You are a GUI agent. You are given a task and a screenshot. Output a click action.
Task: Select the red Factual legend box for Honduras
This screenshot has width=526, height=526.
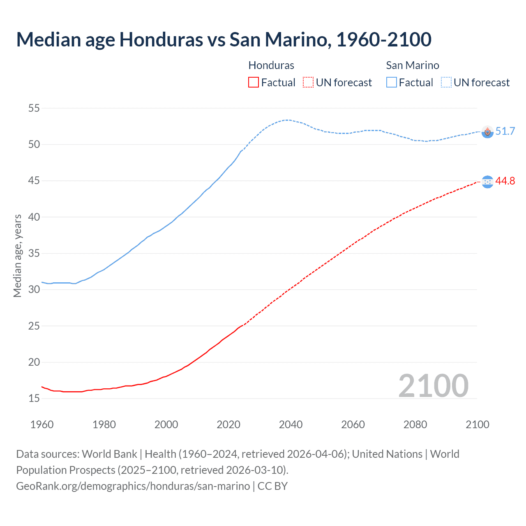point(254,82)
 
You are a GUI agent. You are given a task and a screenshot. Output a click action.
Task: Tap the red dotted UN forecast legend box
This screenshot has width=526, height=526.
point(308,82)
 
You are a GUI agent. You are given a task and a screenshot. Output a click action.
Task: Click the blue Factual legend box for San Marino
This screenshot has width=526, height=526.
point(392,82)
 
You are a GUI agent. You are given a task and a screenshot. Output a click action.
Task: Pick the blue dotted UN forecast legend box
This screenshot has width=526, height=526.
point(446,82)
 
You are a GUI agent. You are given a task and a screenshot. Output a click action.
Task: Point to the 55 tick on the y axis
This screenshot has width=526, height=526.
point(34,108)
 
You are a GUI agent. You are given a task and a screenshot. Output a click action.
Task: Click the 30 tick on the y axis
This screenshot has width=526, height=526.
point(34,289)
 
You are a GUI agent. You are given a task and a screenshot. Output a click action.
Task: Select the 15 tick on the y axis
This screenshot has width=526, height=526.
point(34,398)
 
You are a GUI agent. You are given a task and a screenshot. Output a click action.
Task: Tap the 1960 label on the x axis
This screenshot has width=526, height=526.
point(42,424)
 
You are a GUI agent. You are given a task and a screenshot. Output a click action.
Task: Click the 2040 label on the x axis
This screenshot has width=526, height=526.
point(291,424)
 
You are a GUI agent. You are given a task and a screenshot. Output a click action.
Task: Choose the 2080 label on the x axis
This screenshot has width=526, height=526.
point(415,424)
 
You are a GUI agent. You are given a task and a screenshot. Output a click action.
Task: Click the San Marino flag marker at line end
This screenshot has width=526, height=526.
point(487,132)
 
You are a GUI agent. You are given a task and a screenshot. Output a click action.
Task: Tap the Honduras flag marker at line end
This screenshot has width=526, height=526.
point(487,182)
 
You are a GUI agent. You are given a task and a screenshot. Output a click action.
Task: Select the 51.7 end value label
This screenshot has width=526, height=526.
point(505,131)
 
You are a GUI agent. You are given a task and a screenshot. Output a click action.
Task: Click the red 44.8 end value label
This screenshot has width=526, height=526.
point(505,181)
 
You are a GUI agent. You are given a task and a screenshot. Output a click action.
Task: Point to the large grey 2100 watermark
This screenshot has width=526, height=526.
point(433,385)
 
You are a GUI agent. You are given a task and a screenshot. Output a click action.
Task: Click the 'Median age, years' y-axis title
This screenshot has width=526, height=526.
point(17,256)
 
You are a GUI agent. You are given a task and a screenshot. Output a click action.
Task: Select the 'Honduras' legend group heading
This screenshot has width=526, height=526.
point(271,65)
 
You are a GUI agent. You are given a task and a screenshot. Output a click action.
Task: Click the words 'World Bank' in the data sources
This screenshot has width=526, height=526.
point(109,454)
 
